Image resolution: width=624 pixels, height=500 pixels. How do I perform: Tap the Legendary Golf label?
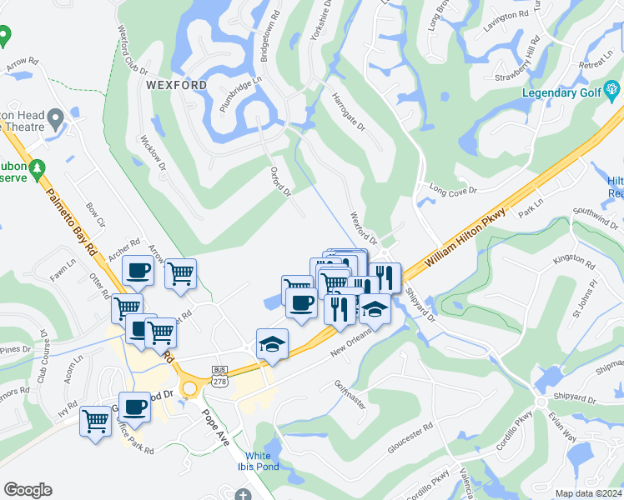561,92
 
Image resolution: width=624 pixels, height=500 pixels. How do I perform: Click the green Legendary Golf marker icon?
612,88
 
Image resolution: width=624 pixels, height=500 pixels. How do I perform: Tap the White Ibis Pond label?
263,461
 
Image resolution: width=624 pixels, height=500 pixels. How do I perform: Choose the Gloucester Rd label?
410,438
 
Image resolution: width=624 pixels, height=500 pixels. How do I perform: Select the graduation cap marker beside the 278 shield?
272,343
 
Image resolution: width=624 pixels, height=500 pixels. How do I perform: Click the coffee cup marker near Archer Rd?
138,270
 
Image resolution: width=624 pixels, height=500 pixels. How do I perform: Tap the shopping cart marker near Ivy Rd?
95,421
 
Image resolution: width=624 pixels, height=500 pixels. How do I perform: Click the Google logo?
28,490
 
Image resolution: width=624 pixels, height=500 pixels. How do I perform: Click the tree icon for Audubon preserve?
37,169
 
